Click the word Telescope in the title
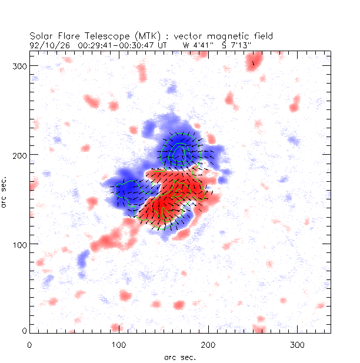tap(97, 35)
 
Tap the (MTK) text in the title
tap(134, 35)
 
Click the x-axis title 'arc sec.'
tap(180, 357)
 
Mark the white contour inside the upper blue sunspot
tap(179, 151)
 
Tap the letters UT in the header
tap(162, 44)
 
